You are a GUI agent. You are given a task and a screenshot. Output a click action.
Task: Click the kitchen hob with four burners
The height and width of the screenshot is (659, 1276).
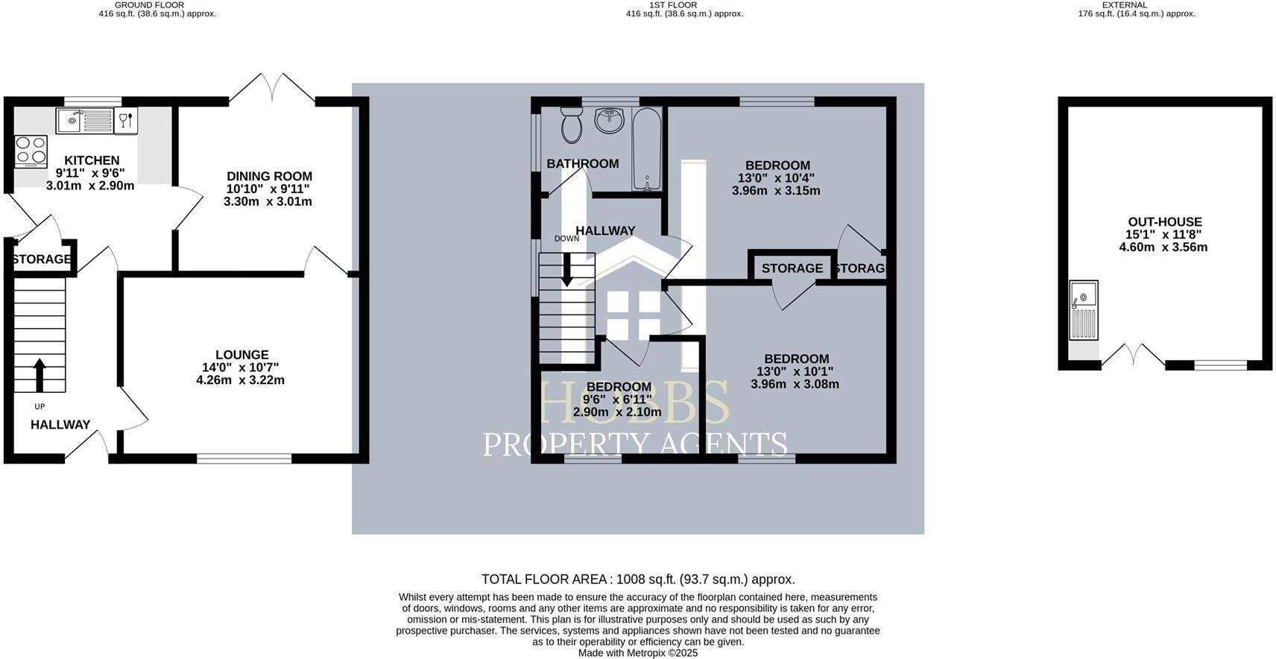31,151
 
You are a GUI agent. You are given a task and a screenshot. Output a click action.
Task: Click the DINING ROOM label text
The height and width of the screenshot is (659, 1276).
269,177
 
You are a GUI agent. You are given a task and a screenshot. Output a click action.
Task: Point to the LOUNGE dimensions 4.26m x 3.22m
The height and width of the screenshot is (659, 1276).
240,380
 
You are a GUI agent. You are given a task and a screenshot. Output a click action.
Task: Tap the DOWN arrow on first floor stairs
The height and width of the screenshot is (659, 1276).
567,270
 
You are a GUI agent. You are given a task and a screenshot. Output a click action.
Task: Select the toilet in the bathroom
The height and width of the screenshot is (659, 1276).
572,124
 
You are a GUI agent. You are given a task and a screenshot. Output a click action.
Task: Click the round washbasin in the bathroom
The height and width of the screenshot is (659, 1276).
610,120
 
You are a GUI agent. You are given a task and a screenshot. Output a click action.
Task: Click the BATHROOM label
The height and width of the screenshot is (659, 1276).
582,164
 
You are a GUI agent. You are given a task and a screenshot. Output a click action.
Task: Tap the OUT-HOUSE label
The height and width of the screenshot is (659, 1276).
1164,222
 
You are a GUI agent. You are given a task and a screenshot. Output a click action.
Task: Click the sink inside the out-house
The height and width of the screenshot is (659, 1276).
1084,309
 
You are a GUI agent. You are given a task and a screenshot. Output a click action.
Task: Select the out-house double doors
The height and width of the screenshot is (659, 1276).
1133,356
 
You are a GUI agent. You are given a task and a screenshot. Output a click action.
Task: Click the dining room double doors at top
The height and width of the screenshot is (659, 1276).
272,88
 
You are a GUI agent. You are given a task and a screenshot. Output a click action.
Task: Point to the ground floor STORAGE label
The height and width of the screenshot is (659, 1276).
42,259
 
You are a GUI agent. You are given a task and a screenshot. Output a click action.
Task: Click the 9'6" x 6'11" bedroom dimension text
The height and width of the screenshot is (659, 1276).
619,400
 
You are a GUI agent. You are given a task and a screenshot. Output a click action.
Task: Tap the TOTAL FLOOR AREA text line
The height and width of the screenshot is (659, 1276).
638,579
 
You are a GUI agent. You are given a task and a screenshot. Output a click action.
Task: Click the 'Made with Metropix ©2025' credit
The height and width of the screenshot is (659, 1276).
638,652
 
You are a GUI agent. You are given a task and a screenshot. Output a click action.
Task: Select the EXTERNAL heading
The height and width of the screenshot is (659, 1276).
1124,4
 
